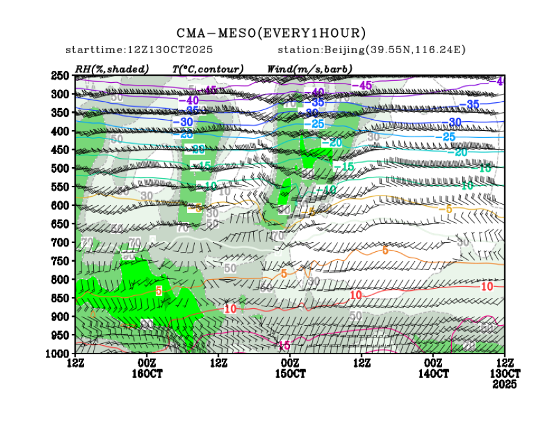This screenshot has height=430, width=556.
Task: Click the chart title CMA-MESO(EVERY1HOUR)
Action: [271, 33]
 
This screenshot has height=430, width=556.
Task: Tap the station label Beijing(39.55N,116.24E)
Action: [372, 50]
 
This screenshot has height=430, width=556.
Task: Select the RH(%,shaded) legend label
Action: [112, 69]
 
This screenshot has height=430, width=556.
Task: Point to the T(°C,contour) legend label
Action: [207, 69]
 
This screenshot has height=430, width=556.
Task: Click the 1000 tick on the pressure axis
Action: [58, 354]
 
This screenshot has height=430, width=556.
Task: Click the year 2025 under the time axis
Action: [504, 385]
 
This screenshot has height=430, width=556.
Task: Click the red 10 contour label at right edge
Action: [488, 286]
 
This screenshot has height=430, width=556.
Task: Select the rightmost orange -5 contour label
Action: [445, 209]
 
